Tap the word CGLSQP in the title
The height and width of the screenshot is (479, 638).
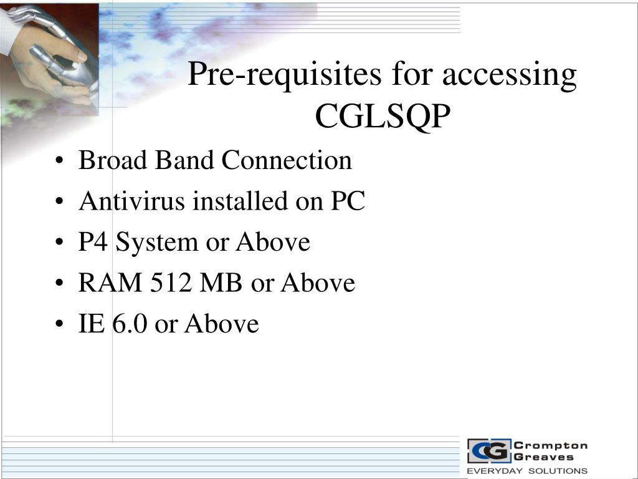tap(383, 116)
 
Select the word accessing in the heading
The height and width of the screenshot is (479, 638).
tap(510, 75)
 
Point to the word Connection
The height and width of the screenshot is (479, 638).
tap(287, 160)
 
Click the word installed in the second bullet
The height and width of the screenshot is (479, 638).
tap(240, 201)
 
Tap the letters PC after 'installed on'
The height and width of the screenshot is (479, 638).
tap(348, 201)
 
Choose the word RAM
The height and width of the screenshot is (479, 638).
tap(110, 283)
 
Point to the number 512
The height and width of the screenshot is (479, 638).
tap(171, 283)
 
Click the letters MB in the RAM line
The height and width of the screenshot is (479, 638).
tap(221, 283)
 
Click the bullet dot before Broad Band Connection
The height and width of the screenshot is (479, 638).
tap(59, 160)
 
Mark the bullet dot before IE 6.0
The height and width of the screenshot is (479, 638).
tap(59, 324)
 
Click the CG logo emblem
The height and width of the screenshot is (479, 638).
tap(489, 451)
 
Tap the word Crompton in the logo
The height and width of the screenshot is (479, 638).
tap(551, 445)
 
